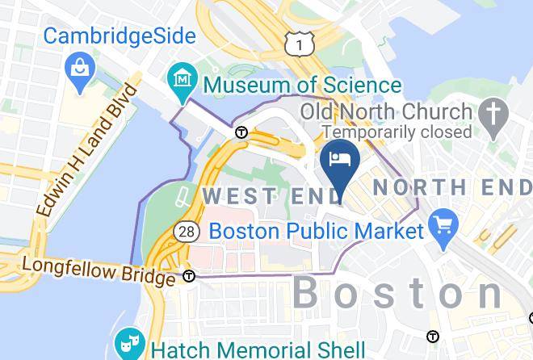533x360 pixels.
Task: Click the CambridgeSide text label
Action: [119, 36]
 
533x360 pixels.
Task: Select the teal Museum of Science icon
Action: [184, 80]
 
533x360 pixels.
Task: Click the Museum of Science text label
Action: [303, 85]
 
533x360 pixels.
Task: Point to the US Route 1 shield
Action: [300, 45]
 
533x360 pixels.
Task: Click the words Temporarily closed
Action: [397, 131]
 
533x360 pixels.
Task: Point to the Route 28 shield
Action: [187, 232]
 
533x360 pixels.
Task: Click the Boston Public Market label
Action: [316, 232]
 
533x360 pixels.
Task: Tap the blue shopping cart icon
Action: [444, 224]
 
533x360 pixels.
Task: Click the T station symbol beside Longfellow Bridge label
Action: [189, 276]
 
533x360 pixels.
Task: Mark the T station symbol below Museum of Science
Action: [241, 132]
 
